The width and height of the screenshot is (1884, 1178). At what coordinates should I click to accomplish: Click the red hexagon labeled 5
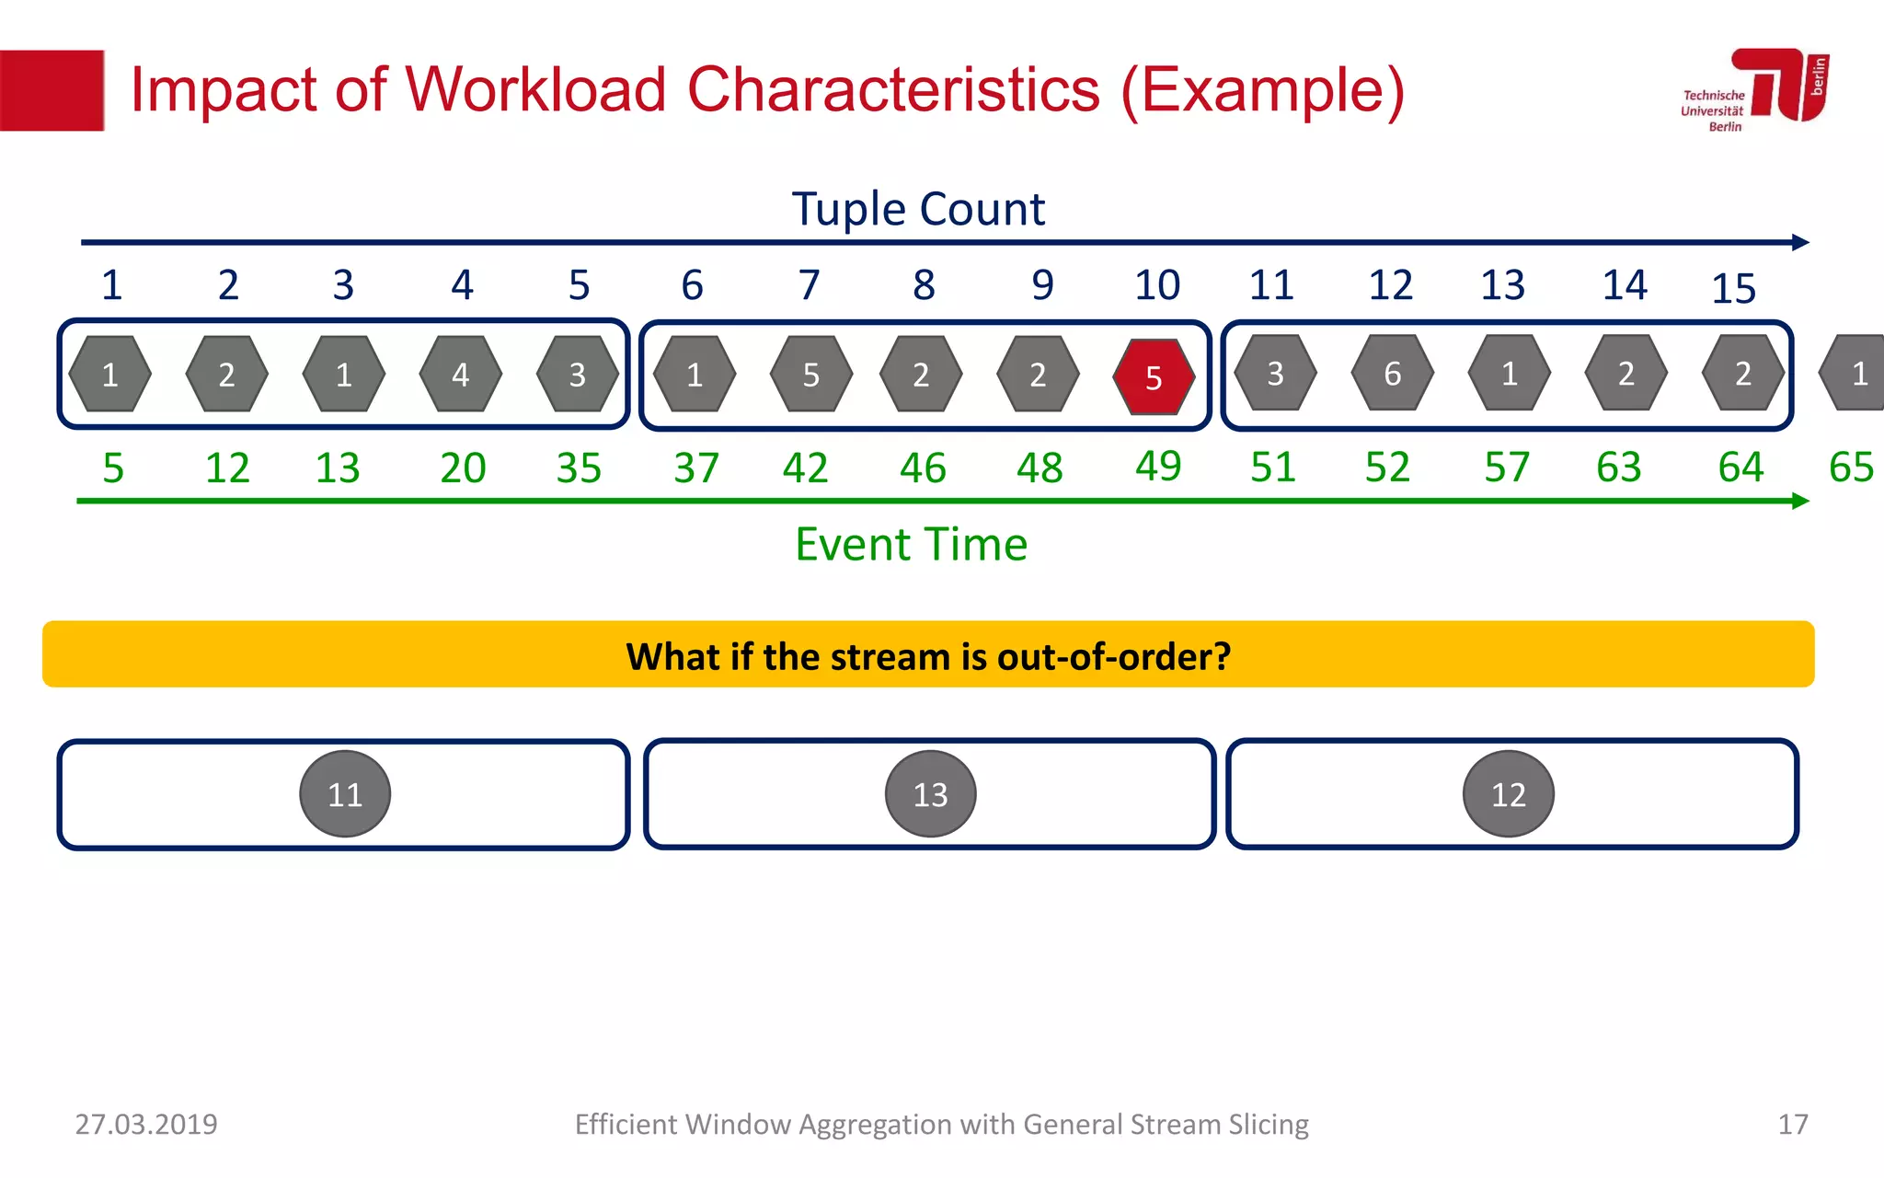coord(1154,376)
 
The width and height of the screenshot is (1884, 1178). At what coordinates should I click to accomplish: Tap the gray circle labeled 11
coord(345,793)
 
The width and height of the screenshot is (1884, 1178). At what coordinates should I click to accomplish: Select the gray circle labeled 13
coord(930,793)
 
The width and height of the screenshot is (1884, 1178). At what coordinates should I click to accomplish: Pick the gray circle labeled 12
coord(1508,793)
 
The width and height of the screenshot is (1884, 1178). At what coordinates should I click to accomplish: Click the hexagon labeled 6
coord(1392,373)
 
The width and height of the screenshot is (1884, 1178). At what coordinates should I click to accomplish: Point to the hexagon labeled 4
coord(460,374)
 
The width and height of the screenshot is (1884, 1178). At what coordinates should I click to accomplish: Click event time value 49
coord(1157,466)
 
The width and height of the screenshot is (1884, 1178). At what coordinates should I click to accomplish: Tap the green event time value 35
coord(579,468)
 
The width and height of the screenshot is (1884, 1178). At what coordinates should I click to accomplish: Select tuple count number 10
coord(1156,285)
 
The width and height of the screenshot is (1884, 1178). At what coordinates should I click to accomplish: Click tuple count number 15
coord(1733,289)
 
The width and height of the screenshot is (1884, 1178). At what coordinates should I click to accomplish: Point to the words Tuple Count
coord(917,209)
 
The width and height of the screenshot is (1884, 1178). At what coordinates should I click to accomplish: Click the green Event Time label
coord(911,544)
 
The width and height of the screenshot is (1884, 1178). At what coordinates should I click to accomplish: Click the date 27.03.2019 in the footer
coord(146,1124)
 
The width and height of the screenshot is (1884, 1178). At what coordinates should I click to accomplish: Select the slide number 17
coord(1792,1124)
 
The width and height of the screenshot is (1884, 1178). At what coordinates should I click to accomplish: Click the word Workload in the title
coord(535,90)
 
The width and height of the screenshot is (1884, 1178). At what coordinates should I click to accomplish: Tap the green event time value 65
coord(1851,468)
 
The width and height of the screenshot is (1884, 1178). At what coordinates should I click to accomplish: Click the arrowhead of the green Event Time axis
coord(1801,501)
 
